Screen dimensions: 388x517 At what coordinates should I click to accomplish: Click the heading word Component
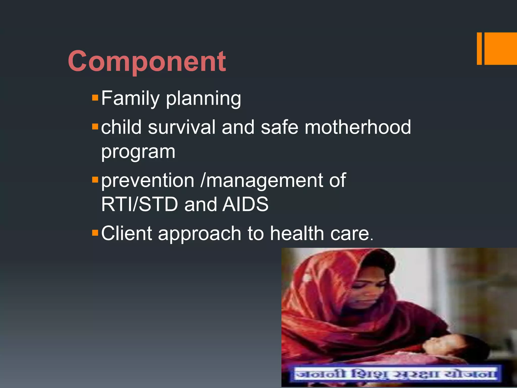coord(147,61)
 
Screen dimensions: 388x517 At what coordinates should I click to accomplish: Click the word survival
coord(182,127)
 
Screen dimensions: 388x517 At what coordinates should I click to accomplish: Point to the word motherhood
coord(358,127)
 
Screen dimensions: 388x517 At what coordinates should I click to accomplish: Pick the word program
coord(138,152)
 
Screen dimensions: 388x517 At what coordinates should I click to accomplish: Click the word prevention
coord(148,181)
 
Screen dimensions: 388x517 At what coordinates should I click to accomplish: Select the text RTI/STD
coord(139,204)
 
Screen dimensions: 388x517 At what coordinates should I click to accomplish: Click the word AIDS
coord(245,204)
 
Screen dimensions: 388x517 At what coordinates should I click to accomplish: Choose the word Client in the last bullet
coord(126,233)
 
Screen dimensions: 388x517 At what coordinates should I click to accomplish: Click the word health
coord(297,233)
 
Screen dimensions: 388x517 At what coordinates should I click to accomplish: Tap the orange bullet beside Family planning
coord(95,98)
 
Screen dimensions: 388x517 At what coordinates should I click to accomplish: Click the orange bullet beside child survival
coord(95,126)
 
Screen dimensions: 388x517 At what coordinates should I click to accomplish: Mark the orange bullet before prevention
coord(95,180)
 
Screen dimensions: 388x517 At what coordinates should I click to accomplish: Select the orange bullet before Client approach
coord(95,233)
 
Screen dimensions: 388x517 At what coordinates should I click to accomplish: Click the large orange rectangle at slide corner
coord(500,48)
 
